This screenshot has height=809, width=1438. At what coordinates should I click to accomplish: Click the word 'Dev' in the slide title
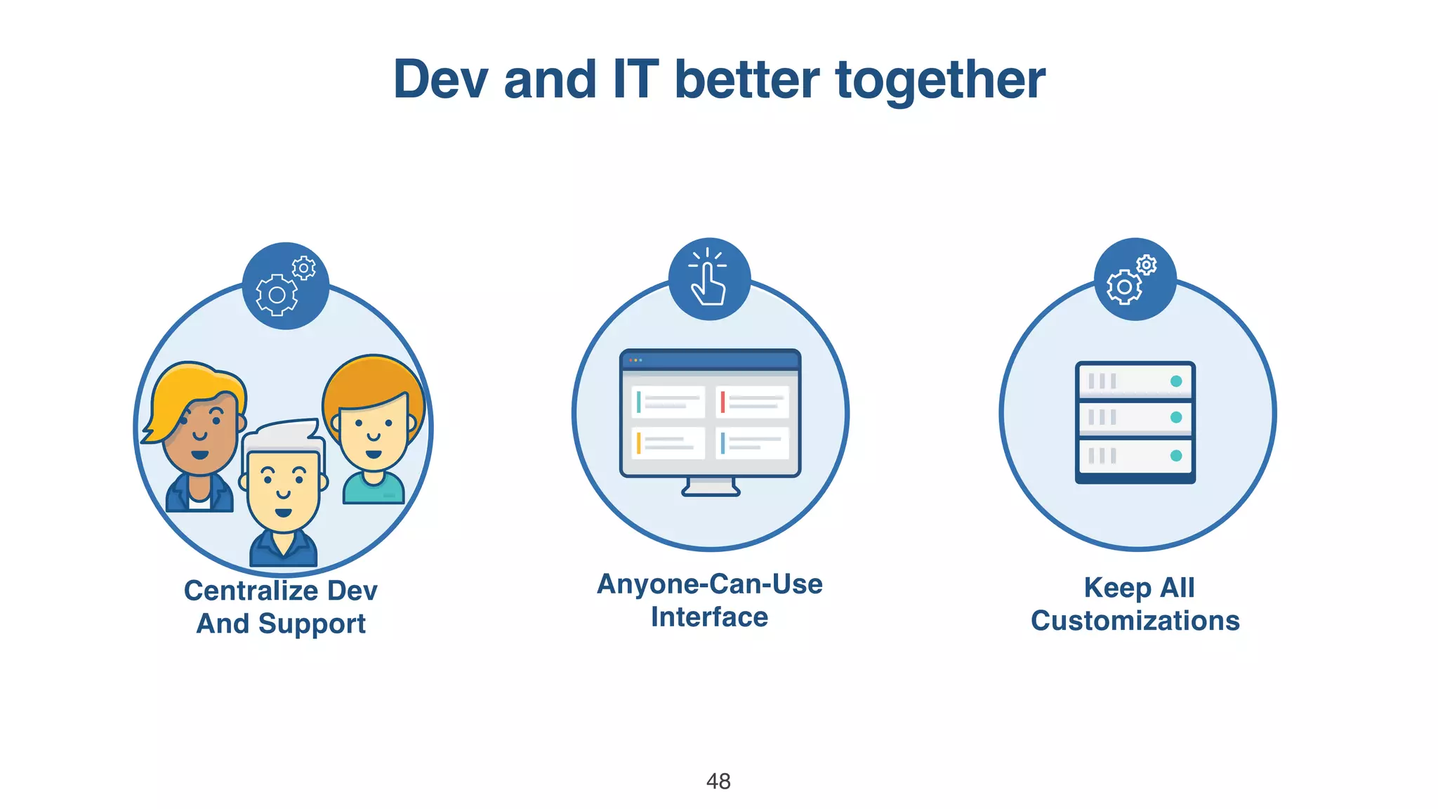pyautogui.click(x=440, y=79)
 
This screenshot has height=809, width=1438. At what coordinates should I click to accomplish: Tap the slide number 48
pyautogui.click(x=718, y=781)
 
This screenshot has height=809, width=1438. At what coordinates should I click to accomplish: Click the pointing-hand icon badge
pyautogui.click(x=709, y=279)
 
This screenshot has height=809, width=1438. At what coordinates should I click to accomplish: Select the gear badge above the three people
pyautogui.click(x=285, y=286)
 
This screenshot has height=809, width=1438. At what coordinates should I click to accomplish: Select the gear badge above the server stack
pyautogui.click(x=1135, y=279)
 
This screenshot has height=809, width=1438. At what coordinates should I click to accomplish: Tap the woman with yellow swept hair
pyautogui.click(x=199, y=428)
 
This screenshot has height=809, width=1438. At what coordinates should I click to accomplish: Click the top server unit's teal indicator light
pyautogui.click(x=1176, y=381)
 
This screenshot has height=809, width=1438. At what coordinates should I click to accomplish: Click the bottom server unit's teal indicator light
pyautogui.click(x=1176, y=456)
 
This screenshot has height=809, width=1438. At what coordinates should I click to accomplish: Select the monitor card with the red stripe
pyautogui.click(x=753, y=402)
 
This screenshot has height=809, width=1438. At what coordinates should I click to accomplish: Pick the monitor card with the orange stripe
pyautogui.click(x=668, y=443)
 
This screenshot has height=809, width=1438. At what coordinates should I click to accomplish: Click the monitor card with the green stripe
pyautogui.click(x=668, y=402)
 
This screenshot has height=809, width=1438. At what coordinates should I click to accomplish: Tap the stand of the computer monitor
pyautogui.click(x=711, y=487)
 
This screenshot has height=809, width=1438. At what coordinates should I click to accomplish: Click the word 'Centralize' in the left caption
pyautogui.click(x=251, y=591)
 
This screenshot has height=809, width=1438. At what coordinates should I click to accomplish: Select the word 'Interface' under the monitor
pyautogui.click(x=709, y=617)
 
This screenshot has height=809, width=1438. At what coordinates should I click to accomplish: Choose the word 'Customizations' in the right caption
pyautogui.click(x=1135, y=621)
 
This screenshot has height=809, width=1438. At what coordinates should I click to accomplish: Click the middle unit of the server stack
pyautogui.click(x=1135, y=418)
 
